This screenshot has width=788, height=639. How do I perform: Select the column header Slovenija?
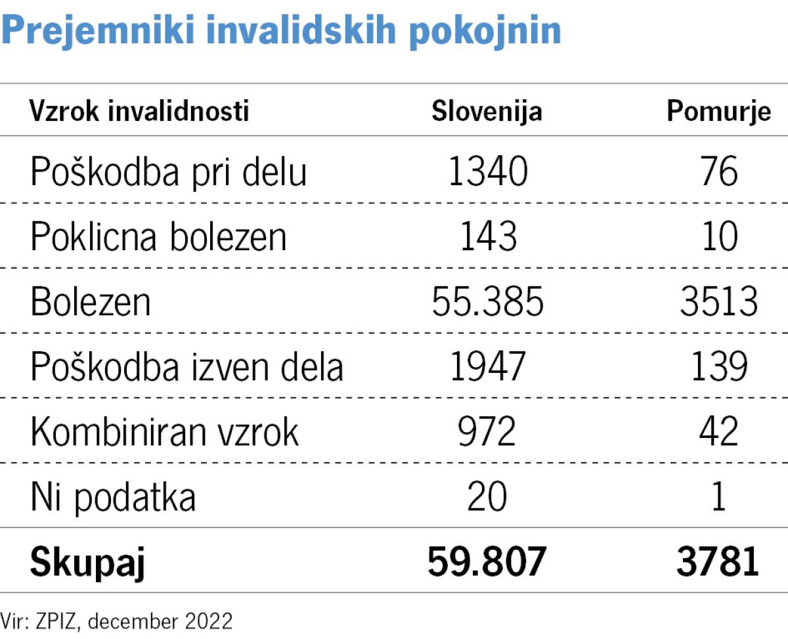point(487,112)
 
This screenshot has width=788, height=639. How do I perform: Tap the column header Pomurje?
point(718,112)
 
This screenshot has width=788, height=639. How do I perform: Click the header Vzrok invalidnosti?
point(139,112)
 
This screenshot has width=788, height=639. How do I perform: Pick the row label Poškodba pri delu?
point(168,173)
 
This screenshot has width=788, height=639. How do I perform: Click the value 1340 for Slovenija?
point(488,172)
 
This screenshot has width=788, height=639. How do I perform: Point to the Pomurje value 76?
point(719,172)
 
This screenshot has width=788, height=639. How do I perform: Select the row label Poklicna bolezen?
point(158,236)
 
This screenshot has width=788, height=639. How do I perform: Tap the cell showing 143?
point(488,236)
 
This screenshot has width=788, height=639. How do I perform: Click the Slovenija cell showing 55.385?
point(488,301)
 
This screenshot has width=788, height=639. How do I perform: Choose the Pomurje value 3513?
point(719,301)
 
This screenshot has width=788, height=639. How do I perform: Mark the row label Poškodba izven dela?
point(186,366)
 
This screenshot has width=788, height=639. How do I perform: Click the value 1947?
point(488,366)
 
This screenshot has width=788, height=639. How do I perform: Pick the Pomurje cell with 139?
point(719,366)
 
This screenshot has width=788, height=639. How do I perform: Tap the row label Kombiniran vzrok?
point(164,431)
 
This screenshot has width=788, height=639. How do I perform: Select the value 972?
point(488,431)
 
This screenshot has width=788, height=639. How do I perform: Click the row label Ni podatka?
point(113,497)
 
